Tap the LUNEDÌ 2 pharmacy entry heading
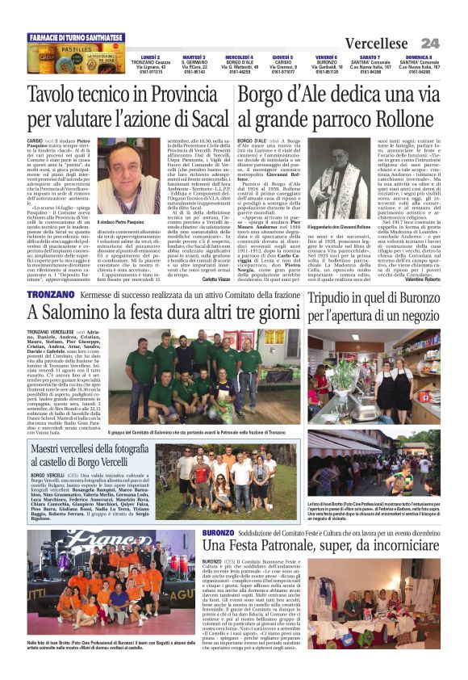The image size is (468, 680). pyautogui.click(x=150, y=57)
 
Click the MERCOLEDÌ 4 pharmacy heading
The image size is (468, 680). pyautogui.click(x=240, y=57)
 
